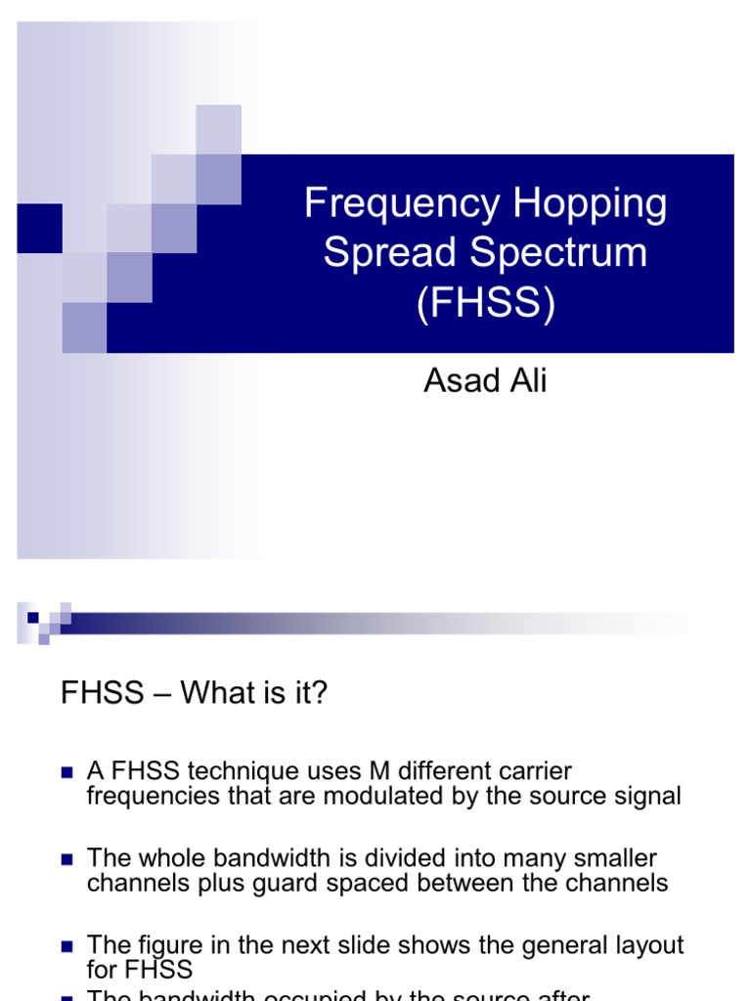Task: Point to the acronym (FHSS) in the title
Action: tap(485, 302)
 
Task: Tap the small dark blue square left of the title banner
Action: tap(39, 228)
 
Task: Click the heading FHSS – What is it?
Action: tap(195, 693)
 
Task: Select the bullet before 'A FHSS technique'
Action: tap(67, 772)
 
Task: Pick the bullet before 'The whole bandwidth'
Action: tap(67, 859)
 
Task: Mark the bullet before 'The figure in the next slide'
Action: tap(67, 946)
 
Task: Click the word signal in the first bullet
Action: tap(647, 796)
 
